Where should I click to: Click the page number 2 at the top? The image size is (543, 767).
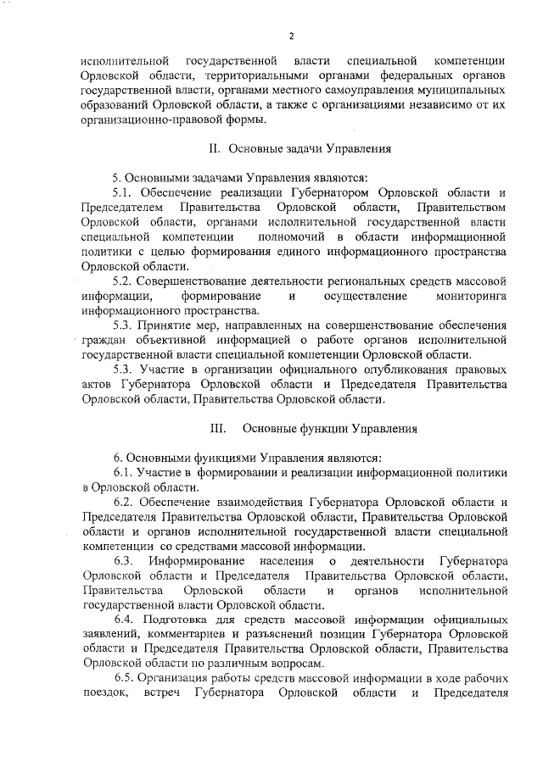pyautogui.click(x=291, y=36)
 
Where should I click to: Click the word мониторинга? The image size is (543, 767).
pyautogui.click(x=470, y=296)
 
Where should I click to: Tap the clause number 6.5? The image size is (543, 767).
pyautogui.click(x=126, y=680)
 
